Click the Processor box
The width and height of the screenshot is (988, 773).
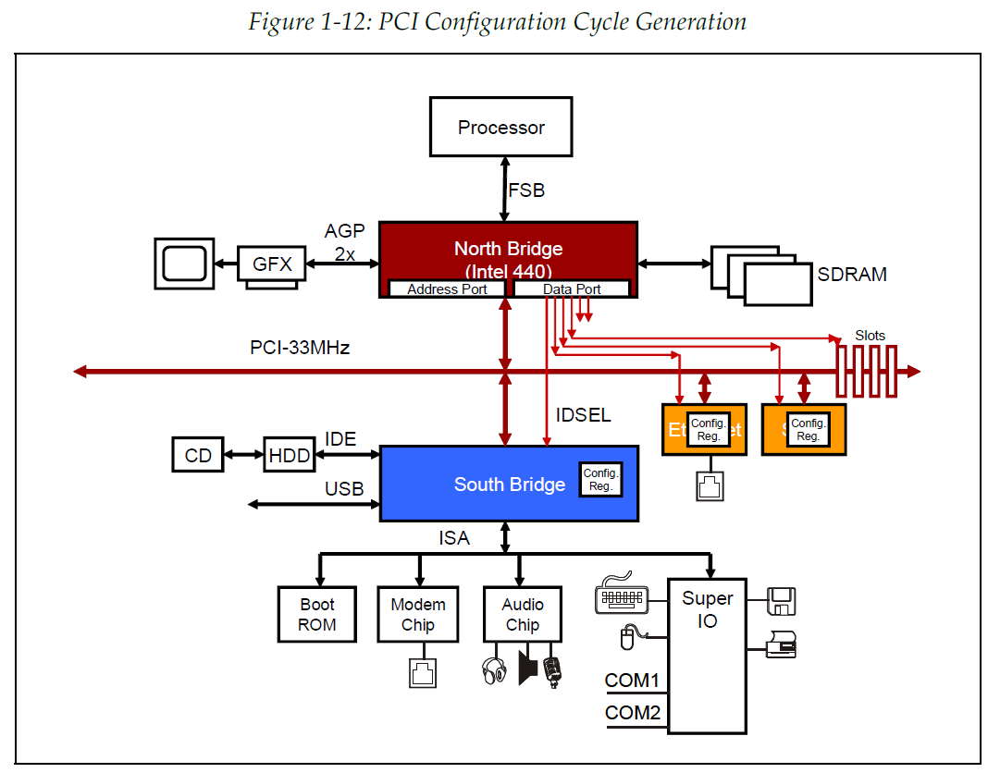[x=500, y=128]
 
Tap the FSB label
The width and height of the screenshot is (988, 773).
[x=526, y=190]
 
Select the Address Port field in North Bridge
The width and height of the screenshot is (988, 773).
[x=447, y=289]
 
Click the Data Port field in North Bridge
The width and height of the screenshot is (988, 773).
[x=572, y=289]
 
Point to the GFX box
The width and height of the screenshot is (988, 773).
[x=272, y=264]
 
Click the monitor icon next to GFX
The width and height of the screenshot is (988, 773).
[x=185, y=263]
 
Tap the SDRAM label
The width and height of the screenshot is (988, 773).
[x=851, y=275]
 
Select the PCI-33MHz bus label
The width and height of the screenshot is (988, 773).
[x=300, y=349]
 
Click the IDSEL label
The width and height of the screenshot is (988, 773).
[x=583, y=415]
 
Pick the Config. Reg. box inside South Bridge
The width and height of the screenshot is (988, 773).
[x=600, y=480]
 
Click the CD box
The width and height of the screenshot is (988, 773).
[x=198, y=455]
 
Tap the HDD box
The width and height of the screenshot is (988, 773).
[x=289, y=455]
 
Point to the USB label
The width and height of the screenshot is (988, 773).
[x=343, y=489]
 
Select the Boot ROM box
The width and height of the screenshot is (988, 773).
[x=317, y=614]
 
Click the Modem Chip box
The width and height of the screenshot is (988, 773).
[x=418, y=614]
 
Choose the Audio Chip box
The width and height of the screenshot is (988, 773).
[x=523, y=614]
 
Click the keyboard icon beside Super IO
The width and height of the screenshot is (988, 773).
[x=622, y=595]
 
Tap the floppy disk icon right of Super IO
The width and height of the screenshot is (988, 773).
[x=782, y=602]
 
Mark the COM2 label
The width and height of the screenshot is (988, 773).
[x=632, y=713]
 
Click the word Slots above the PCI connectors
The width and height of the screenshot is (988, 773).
[x=870, y=336]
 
